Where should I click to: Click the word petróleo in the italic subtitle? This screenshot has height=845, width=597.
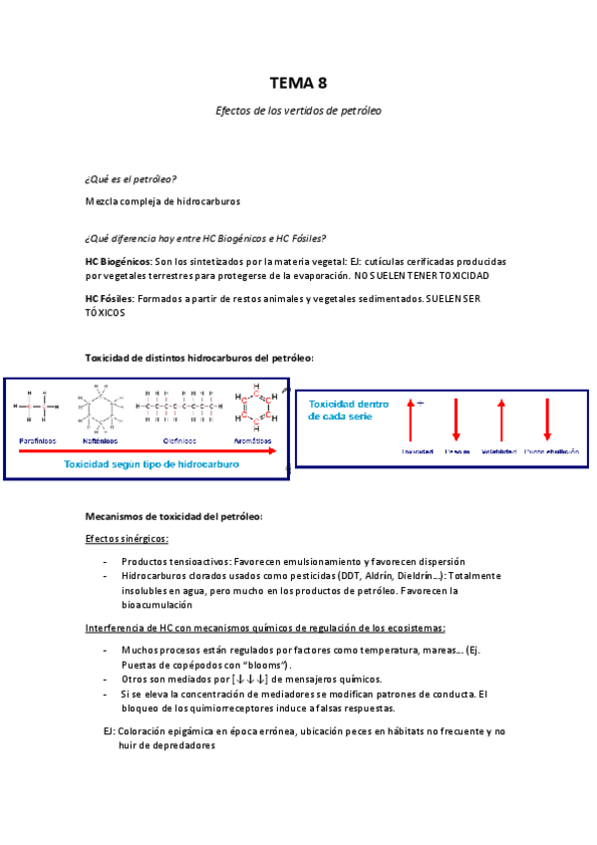361,111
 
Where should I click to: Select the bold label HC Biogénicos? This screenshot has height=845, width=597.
119,260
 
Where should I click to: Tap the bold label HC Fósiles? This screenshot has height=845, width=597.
110,298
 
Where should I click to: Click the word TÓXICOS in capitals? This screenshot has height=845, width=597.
106,312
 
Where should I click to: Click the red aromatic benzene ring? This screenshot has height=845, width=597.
254,408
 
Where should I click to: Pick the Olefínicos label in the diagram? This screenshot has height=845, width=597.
181,439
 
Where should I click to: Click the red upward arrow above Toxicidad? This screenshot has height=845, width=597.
409,420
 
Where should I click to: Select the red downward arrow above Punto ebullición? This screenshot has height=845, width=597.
547,420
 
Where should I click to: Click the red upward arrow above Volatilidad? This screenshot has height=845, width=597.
500,420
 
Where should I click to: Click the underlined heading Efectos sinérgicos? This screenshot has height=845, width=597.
127,538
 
